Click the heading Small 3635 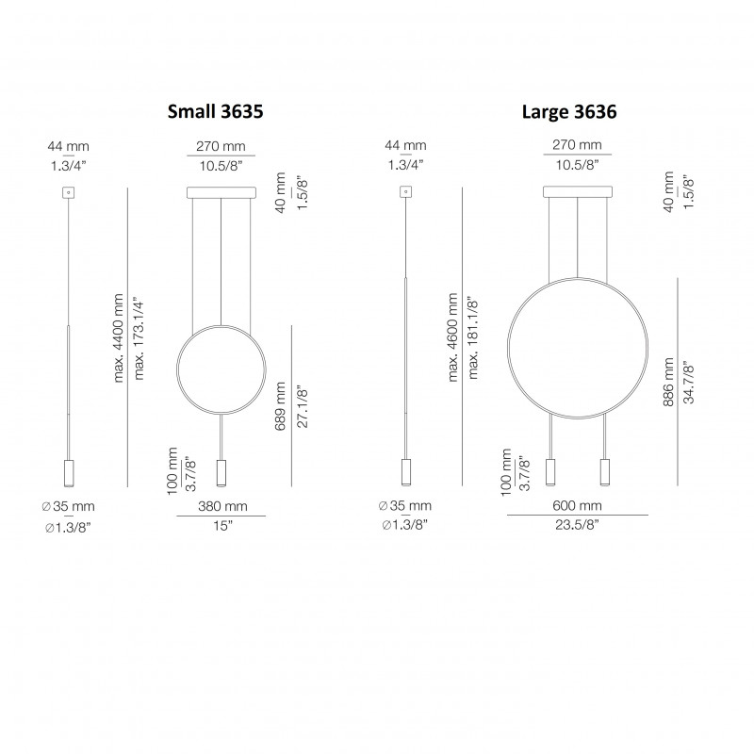click(214, 111)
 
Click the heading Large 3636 click(569, 111)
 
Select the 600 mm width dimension click(577, 505)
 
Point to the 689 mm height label click(280, 405)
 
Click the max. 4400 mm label click(119, 336)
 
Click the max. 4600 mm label click(453, 336)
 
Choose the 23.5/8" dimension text click(577, 525)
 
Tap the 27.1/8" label click(303, 405)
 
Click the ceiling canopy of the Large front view click(577, 193)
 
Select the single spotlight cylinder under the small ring click(221, 471)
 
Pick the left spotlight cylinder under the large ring click(551, 471)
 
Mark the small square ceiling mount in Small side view click(67, 192)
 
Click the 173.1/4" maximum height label click(139, 336)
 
